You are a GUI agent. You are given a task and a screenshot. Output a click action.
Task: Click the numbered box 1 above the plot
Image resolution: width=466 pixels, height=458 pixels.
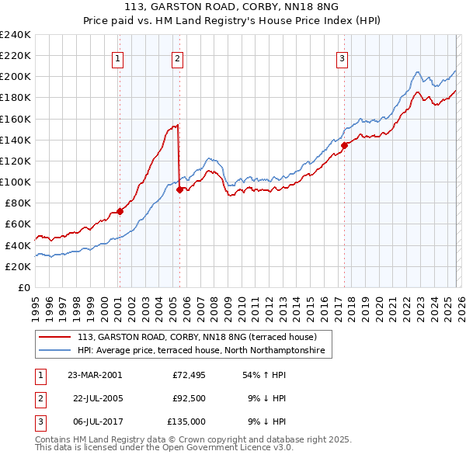118,57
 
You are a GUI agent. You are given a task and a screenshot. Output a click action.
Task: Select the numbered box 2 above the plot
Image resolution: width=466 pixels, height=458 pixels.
178,57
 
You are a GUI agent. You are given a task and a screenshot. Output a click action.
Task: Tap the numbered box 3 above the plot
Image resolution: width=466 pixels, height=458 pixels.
342,57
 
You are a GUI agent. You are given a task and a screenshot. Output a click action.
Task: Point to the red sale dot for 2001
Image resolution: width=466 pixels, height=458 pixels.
120,211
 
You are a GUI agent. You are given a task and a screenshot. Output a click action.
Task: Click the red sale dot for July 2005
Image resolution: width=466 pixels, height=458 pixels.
179,189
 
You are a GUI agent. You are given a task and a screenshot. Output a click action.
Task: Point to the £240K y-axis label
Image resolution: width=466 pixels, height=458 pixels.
16,35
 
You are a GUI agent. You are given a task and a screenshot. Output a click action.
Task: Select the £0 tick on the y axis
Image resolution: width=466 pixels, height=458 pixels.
23,287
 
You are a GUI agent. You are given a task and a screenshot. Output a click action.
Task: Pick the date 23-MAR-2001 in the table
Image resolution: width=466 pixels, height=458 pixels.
95,374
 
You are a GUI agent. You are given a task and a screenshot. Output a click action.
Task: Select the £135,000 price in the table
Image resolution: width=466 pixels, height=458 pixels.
186,422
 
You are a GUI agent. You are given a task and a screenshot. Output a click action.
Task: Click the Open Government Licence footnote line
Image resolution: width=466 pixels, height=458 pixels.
164,448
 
